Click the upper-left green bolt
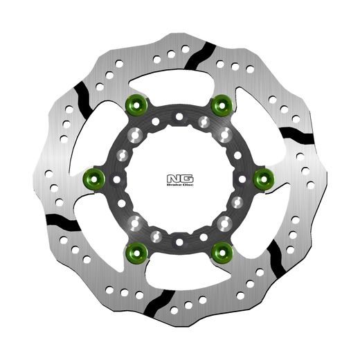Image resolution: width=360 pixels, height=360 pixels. (x=136, y=105)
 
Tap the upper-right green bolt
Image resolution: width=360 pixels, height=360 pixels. (x=222, y=105)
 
